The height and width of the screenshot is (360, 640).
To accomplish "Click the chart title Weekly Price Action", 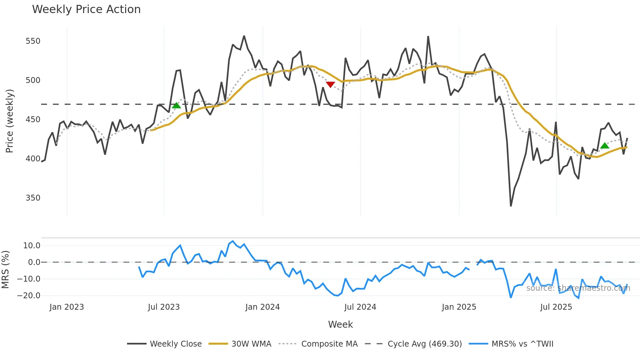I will point(86,9).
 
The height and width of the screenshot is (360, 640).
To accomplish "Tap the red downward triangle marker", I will point(330,85).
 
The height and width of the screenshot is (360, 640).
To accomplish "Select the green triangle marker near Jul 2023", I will point(176,105).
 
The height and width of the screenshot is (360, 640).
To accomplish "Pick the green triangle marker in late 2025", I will point(605,146).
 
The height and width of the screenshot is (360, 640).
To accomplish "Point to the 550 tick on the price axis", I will point(33,41).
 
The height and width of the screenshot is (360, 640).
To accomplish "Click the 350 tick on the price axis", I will point(33,198).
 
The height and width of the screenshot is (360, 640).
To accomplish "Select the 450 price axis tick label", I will point(33,120).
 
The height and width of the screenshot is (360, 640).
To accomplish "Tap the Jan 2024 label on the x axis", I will point(263,307).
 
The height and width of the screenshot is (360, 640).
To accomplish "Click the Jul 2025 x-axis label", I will point(556,307).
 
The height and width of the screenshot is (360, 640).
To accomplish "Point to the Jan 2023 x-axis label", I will point(67,307).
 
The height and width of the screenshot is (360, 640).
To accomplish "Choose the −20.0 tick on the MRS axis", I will point(29,296).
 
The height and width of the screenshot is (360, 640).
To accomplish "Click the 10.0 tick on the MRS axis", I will point(32,246).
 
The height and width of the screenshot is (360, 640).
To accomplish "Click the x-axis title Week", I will point(340,324).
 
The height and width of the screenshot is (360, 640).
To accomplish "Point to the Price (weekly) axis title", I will point(9,121).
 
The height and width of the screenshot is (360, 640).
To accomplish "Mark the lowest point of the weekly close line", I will point(511,206).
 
